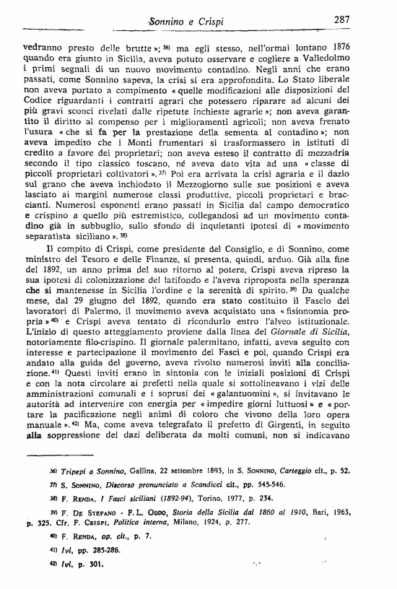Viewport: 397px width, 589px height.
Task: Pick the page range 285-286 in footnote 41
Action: (95, 549)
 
